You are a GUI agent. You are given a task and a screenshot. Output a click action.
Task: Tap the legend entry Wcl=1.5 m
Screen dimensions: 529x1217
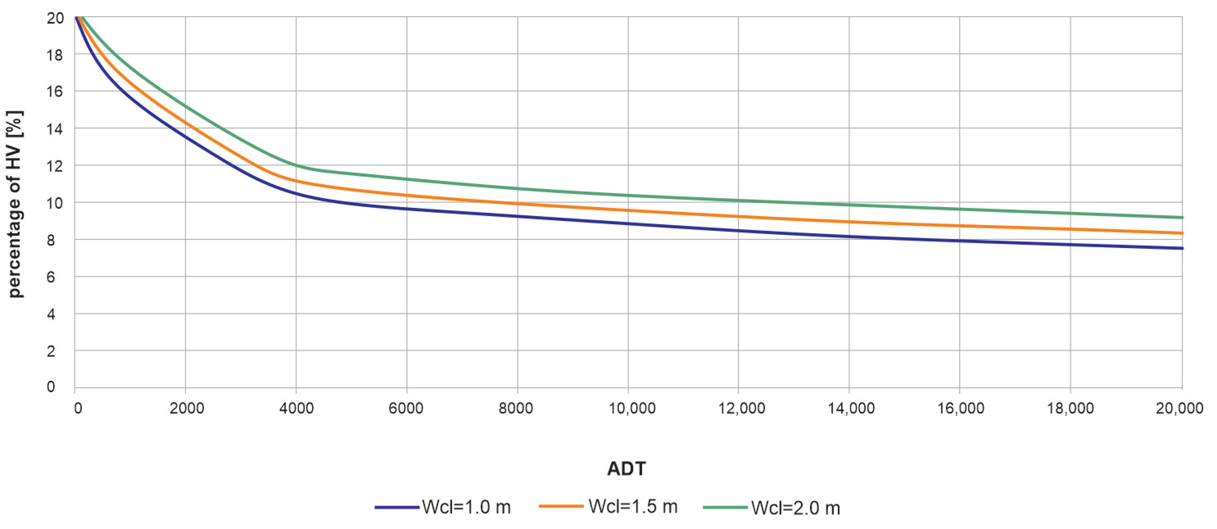(x=633, y=506)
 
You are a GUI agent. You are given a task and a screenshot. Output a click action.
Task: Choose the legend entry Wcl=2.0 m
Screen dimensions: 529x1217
(x=796, y=508)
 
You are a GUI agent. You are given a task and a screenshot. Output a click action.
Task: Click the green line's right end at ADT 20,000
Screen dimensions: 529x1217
(x=1182, y=217)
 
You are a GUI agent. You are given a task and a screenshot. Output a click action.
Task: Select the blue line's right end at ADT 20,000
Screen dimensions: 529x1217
(x=1182, y=248)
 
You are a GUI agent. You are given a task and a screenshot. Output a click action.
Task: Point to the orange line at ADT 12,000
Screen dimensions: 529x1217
(x=739, y=216)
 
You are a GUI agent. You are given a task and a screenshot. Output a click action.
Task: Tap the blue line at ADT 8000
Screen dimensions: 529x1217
(x=517, y=216)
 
